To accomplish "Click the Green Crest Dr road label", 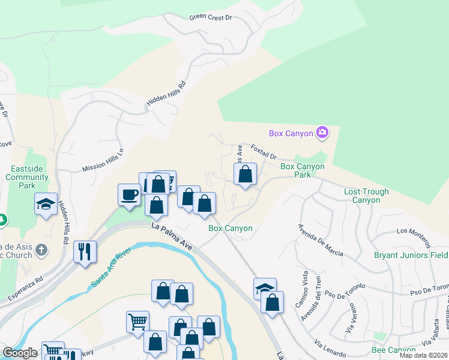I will (210, 17).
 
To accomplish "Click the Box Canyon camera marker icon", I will (322, 133).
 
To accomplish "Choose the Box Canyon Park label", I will (296, 170).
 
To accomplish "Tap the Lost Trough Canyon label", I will (366, 196).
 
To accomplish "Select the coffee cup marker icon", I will (130, 194).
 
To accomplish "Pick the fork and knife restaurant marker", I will (85, 251).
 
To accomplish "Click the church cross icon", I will (41, 250).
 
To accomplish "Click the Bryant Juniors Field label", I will (411, 255).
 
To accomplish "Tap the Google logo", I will (20, 353).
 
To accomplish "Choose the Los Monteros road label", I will (413, 236).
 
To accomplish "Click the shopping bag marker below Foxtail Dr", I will (245, 175).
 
